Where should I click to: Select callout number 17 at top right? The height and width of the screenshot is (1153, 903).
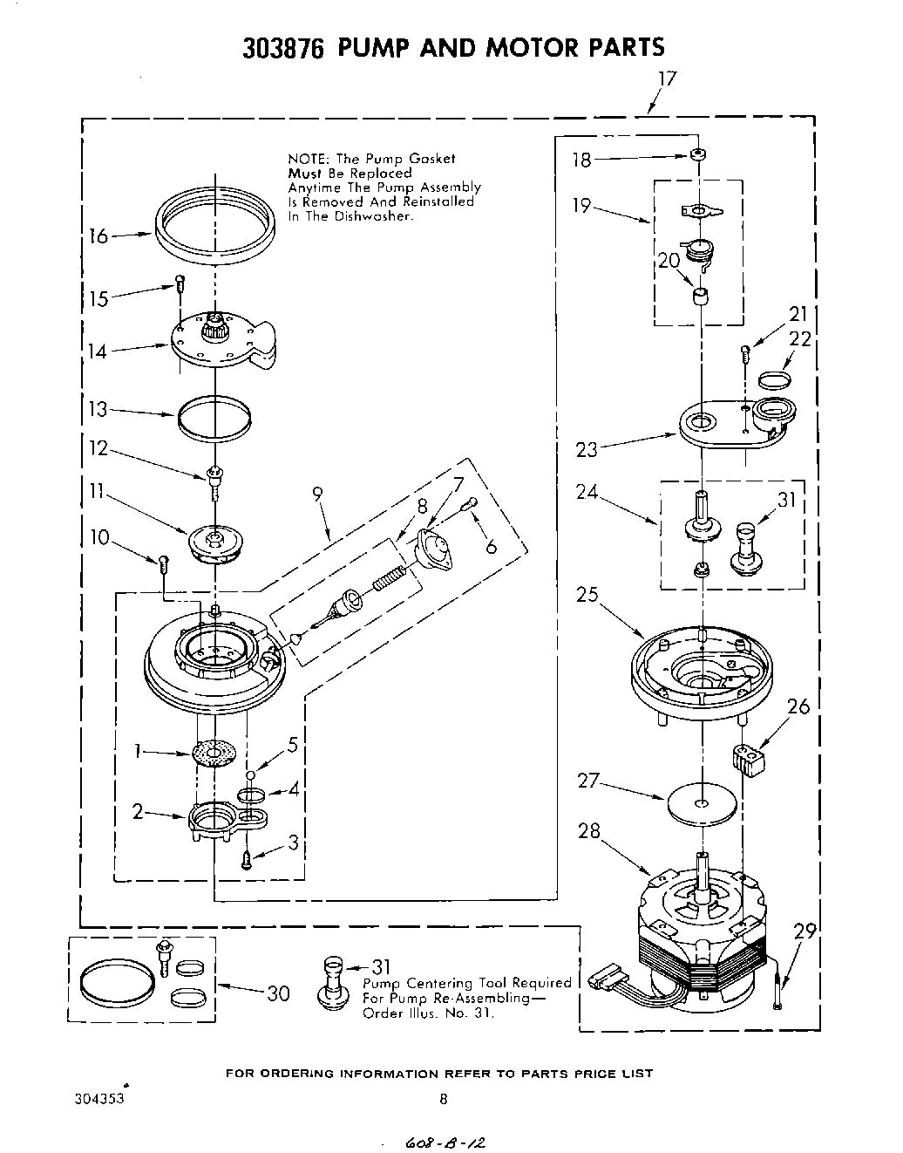[x=666, y=79]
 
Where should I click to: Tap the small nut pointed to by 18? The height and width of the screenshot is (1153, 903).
[x=696, y=157]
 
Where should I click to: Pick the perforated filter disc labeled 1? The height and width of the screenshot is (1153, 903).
[x=214, y=753]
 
